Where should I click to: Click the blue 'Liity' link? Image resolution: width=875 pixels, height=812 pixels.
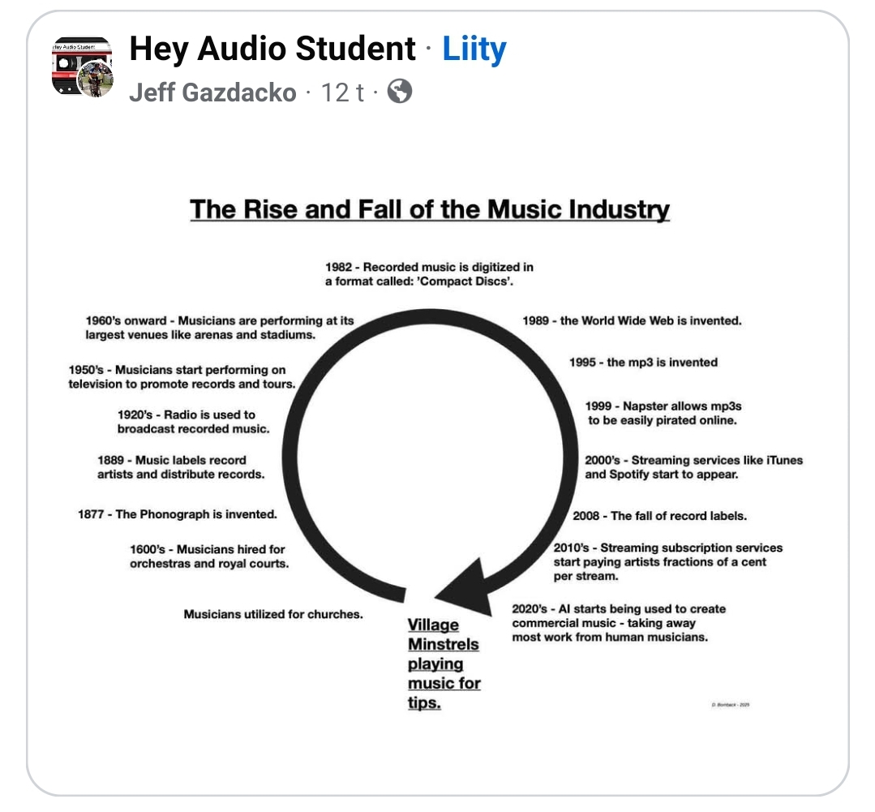[474, 50]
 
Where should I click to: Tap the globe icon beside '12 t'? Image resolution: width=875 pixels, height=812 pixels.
[400, 92]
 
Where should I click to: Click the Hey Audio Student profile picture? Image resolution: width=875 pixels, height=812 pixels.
[82, 67]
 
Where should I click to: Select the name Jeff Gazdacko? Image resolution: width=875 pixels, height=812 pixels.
[212, 92]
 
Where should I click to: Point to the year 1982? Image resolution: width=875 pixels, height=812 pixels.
[340, 267]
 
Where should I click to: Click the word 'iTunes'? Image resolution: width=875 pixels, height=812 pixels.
[784, 460]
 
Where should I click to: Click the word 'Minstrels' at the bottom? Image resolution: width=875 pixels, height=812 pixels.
[443, 644]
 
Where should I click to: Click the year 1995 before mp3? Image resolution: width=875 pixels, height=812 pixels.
[583, 363]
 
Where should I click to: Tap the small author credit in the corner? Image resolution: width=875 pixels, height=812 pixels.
[730, 705]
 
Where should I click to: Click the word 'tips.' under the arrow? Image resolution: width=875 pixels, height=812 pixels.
[424, 702]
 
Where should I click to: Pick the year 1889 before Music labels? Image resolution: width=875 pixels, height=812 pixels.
[112, 460]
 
